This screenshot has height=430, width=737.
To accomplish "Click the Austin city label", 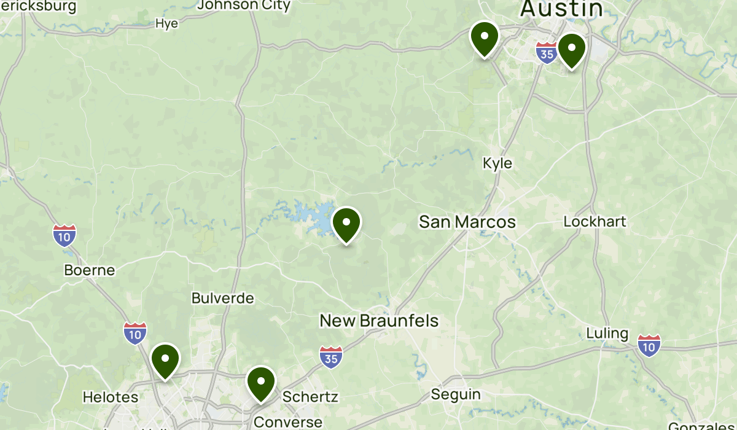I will pos(561,9).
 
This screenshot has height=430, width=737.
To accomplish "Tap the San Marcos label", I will pos(467,222).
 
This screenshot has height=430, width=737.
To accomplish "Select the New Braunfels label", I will pos(380,321).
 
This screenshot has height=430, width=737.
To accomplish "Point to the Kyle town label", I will pos(497,163).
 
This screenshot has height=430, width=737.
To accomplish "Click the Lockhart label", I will pos(595,222).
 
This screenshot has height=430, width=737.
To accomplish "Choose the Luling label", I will pos(607,334).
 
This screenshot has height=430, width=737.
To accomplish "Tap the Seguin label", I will pos(456,394).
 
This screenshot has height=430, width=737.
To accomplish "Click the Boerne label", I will pos(90,270).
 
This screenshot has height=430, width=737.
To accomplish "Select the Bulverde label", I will pos(222,299).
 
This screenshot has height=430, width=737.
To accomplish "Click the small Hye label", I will pos(167,24).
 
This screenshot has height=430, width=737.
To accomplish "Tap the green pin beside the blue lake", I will pos(346,224).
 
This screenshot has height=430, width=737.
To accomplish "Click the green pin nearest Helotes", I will pos(165,360).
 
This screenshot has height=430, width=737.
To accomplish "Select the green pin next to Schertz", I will pos(261,383).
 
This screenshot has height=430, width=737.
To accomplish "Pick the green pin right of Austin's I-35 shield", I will pos(571,49).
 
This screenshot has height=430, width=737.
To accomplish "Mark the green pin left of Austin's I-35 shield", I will pos(485,37).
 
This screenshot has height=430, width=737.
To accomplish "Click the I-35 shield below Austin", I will pos(546,53).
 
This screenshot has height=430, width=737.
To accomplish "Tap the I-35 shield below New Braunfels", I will pos(331,357).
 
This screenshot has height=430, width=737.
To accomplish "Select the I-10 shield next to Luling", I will pos(649,345).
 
